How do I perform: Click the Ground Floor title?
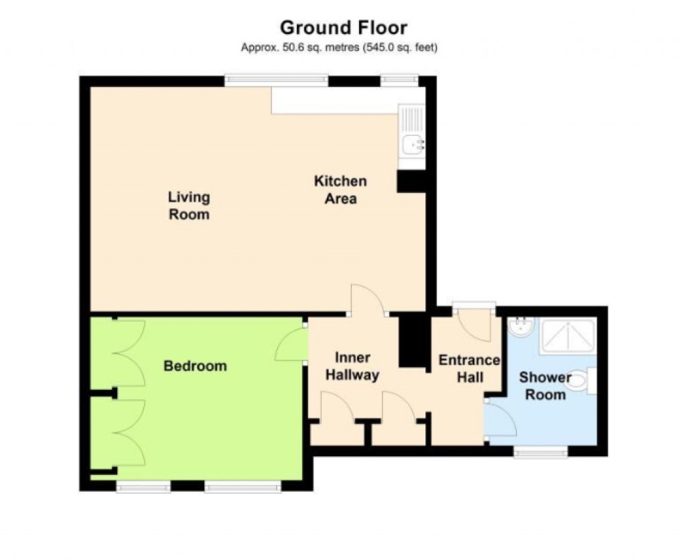[x=343, y=27]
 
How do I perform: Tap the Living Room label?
[x=189, y=206]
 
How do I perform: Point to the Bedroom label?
[x=196, y=366]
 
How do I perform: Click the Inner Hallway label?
[x=352, y=366]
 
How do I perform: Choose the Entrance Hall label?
[x=469, y=368]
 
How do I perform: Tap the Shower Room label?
[x=545, y=386]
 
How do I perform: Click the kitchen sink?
[x=411, y=141]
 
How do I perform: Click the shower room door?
[x=498, y=419]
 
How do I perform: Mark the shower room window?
[x=541, y=452]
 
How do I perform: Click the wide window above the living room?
[x=276, y=80]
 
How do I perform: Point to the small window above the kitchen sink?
[x=399, y=80]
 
